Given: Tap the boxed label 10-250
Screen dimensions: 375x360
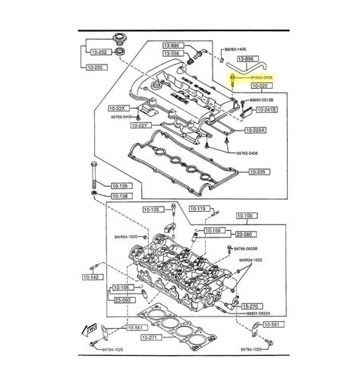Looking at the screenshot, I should (x=96, y=68).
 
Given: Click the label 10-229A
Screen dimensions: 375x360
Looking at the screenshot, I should (x=257, y=131).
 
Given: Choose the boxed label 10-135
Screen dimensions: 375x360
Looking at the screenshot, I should (x=122, y=184).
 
